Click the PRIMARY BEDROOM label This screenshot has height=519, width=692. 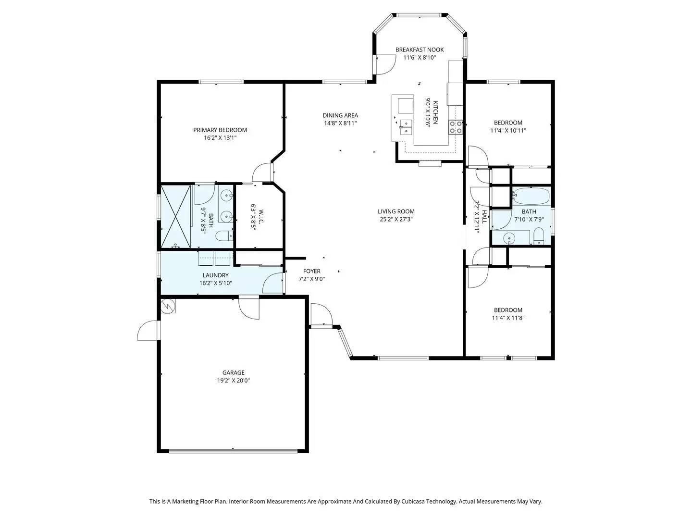coord(220,130)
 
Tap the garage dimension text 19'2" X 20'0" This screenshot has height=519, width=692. coord(234,381)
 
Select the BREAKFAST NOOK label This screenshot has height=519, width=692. coord(420,49)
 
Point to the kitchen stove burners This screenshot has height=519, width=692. coord(456,127)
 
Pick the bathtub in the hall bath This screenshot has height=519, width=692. coord(531,196)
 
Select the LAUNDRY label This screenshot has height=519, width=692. coord(216,275)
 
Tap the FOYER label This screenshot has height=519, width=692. coord(312,271)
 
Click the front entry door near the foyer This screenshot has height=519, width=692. coord(321,315)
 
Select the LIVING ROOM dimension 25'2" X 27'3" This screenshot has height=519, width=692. coord(396,219)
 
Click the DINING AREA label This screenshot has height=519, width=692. coord(340,115)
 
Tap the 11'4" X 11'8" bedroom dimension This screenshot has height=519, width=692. coord(508,318)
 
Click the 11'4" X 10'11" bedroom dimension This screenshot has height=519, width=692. coord(508,130)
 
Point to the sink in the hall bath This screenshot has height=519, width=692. coord(509,237)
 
